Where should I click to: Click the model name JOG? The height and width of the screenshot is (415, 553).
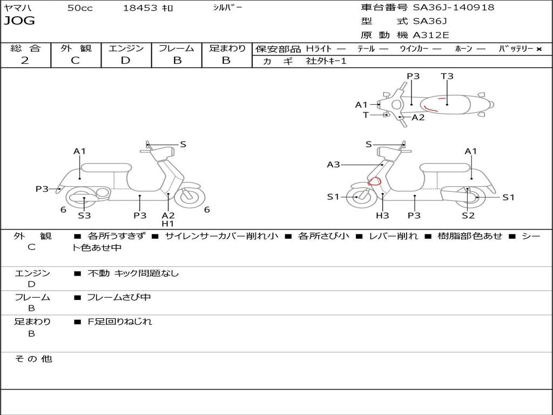click(19, 22)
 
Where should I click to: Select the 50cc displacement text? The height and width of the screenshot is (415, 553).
click(80, 8)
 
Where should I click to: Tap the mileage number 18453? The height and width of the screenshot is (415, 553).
click(140, 8)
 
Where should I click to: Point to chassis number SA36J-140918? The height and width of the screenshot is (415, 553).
click(453, 8)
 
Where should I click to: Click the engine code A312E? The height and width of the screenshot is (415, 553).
click(431, 36)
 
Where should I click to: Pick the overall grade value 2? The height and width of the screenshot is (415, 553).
click(25, 61)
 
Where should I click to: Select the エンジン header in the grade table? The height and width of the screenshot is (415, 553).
click(126, 49)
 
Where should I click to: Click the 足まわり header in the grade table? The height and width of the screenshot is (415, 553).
click(227, 49)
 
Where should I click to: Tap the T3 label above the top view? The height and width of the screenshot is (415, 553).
click(447, 76)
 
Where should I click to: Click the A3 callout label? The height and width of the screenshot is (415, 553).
click(333, 164)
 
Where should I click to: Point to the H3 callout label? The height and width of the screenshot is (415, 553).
click(382, 216)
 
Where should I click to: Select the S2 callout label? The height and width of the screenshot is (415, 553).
click(468, 216)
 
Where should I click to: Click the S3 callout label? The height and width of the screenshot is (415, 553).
click(84, 216)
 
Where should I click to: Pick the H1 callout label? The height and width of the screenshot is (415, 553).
click(168, 224)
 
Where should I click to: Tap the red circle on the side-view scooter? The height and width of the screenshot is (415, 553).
click(374, 182)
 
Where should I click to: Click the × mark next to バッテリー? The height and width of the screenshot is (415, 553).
click(538, 49)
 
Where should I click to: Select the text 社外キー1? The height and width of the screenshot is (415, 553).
click(327, 61)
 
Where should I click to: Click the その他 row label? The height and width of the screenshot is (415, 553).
click(33, 359)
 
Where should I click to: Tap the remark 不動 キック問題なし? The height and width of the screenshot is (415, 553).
click(133, 273)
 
